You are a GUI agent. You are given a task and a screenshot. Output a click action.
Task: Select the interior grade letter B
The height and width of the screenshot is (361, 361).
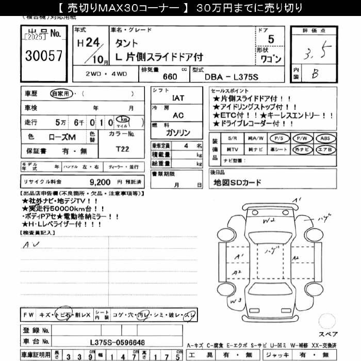click(315, 74)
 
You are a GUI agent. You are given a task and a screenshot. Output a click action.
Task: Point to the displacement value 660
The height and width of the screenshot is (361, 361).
click(170, 76)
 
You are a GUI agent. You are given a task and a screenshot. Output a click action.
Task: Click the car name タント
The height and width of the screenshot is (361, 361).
click(126, 44)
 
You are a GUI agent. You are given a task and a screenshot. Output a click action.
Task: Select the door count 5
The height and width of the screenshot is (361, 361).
click(271, 39)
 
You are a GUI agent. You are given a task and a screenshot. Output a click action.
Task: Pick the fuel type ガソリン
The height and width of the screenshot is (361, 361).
click(178, 133)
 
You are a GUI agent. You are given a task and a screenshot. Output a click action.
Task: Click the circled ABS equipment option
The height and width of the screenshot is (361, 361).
click(324, 138)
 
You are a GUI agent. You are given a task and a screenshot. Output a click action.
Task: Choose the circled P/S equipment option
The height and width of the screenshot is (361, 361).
click(279, 138)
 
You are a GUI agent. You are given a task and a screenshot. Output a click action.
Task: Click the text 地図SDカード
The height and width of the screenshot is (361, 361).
click(237, 183)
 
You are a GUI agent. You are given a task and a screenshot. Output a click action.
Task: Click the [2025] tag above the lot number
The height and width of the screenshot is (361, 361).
click(35, 38)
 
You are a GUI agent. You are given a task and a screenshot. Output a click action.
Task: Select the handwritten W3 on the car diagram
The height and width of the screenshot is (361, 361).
click(236, 300)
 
